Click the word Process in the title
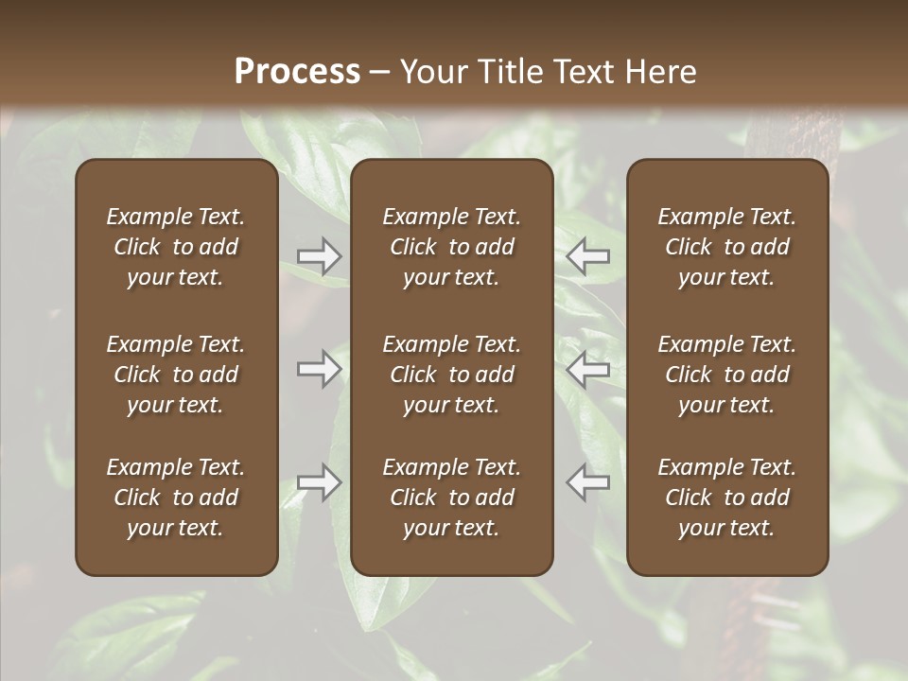tap(297, 72)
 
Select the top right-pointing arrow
tap(320, 256)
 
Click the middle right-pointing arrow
tap(320, 369)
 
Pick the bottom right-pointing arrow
tap(320, 482)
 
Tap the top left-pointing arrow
tap(588, 256)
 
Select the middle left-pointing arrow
tap(588, 369)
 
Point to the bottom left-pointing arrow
tap(588, 482)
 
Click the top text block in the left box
tap(176, 247)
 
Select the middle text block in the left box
tap(176, 375)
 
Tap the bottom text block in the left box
tap(176, 498)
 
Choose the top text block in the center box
tap(452, 247)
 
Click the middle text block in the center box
tap(452, 375)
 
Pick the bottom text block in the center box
tap(452, 498)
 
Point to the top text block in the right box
tap(727, 247)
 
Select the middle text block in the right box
tap(727, 375)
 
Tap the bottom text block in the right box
tap(727, 498)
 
